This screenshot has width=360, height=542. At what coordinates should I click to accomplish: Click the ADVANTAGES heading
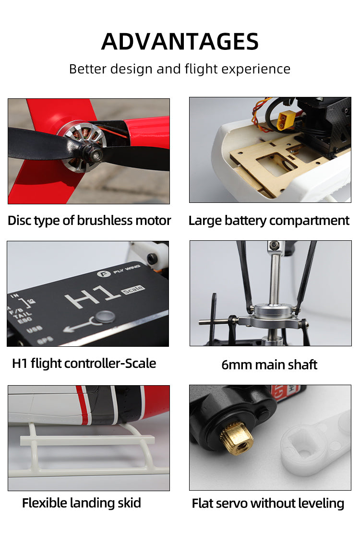tap(180, 41)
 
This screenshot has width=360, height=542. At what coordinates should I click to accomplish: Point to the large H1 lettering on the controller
tap(92, 295)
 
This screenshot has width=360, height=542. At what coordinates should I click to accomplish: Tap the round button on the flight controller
tap(105, 316)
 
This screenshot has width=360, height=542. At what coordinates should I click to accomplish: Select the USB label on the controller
tap(34, 330)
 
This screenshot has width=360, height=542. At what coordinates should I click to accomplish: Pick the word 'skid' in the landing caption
tap(129, 503)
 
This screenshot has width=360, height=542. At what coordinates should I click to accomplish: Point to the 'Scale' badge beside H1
tap(133, 290)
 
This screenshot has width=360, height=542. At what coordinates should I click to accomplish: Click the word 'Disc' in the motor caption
tap(21, 221)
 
